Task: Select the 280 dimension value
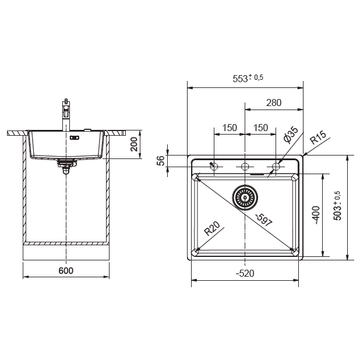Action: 274,103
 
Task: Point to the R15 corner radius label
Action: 318,137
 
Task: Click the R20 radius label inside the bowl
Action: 212,228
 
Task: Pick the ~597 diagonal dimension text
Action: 264,220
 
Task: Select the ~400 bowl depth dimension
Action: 316,215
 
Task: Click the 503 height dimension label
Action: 337,206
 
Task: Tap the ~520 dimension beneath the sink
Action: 245,273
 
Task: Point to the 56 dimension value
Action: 161,160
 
